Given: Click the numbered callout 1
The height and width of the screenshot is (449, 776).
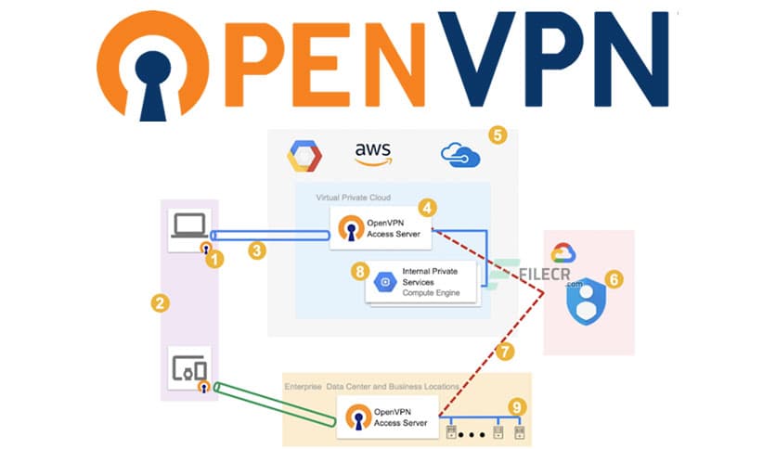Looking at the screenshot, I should (x=215, y=260).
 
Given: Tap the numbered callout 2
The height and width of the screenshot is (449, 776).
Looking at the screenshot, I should (x=161, y=303).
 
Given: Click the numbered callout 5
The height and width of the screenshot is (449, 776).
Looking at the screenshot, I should (x=498, y=135).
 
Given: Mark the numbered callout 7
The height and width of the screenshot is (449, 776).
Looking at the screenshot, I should (x=504, y=351).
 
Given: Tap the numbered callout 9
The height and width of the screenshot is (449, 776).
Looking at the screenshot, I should (x=517, y=406).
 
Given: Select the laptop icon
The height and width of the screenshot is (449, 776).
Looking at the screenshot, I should (x=189, y=226).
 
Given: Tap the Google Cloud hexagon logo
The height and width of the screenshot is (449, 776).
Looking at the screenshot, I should (x=303, y=156).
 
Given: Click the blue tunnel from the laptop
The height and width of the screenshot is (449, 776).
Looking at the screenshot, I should (x=269, y=236).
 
